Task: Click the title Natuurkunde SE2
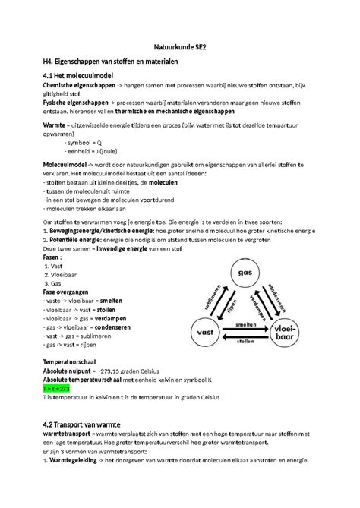[x=181, y=46]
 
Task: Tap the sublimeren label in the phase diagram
[x=213, y=298]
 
